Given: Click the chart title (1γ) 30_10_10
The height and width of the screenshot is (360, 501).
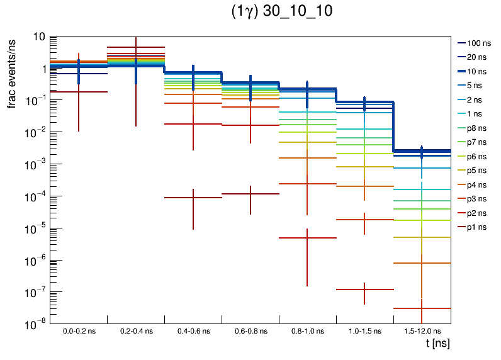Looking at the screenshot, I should [x=281, y=12].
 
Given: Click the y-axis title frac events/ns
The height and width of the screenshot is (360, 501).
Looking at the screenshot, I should [x=11, y=72].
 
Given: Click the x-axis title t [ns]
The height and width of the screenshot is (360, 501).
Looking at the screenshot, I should [x=437, y=344].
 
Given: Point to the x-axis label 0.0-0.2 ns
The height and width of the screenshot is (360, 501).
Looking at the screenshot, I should [x=79, y=331].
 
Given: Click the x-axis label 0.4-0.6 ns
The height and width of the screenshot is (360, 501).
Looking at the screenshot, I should [x=193, y=331].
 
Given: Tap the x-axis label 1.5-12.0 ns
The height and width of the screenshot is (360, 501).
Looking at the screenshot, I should [x=422, y=331].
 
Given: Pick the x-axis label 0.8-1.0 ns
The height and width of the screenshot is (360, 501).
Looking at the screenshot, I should [x=307, y=331].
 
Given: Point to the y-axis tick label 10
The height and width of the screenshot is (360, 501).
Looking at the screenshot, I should [x=38, y=37].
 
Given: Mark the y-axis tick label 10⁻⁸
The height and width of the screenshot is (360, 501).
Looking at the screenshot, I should [x=36, y=323].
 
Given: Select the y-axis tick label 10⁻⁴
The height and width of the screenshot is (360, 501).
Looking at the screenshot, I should [x=36, y=196].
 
